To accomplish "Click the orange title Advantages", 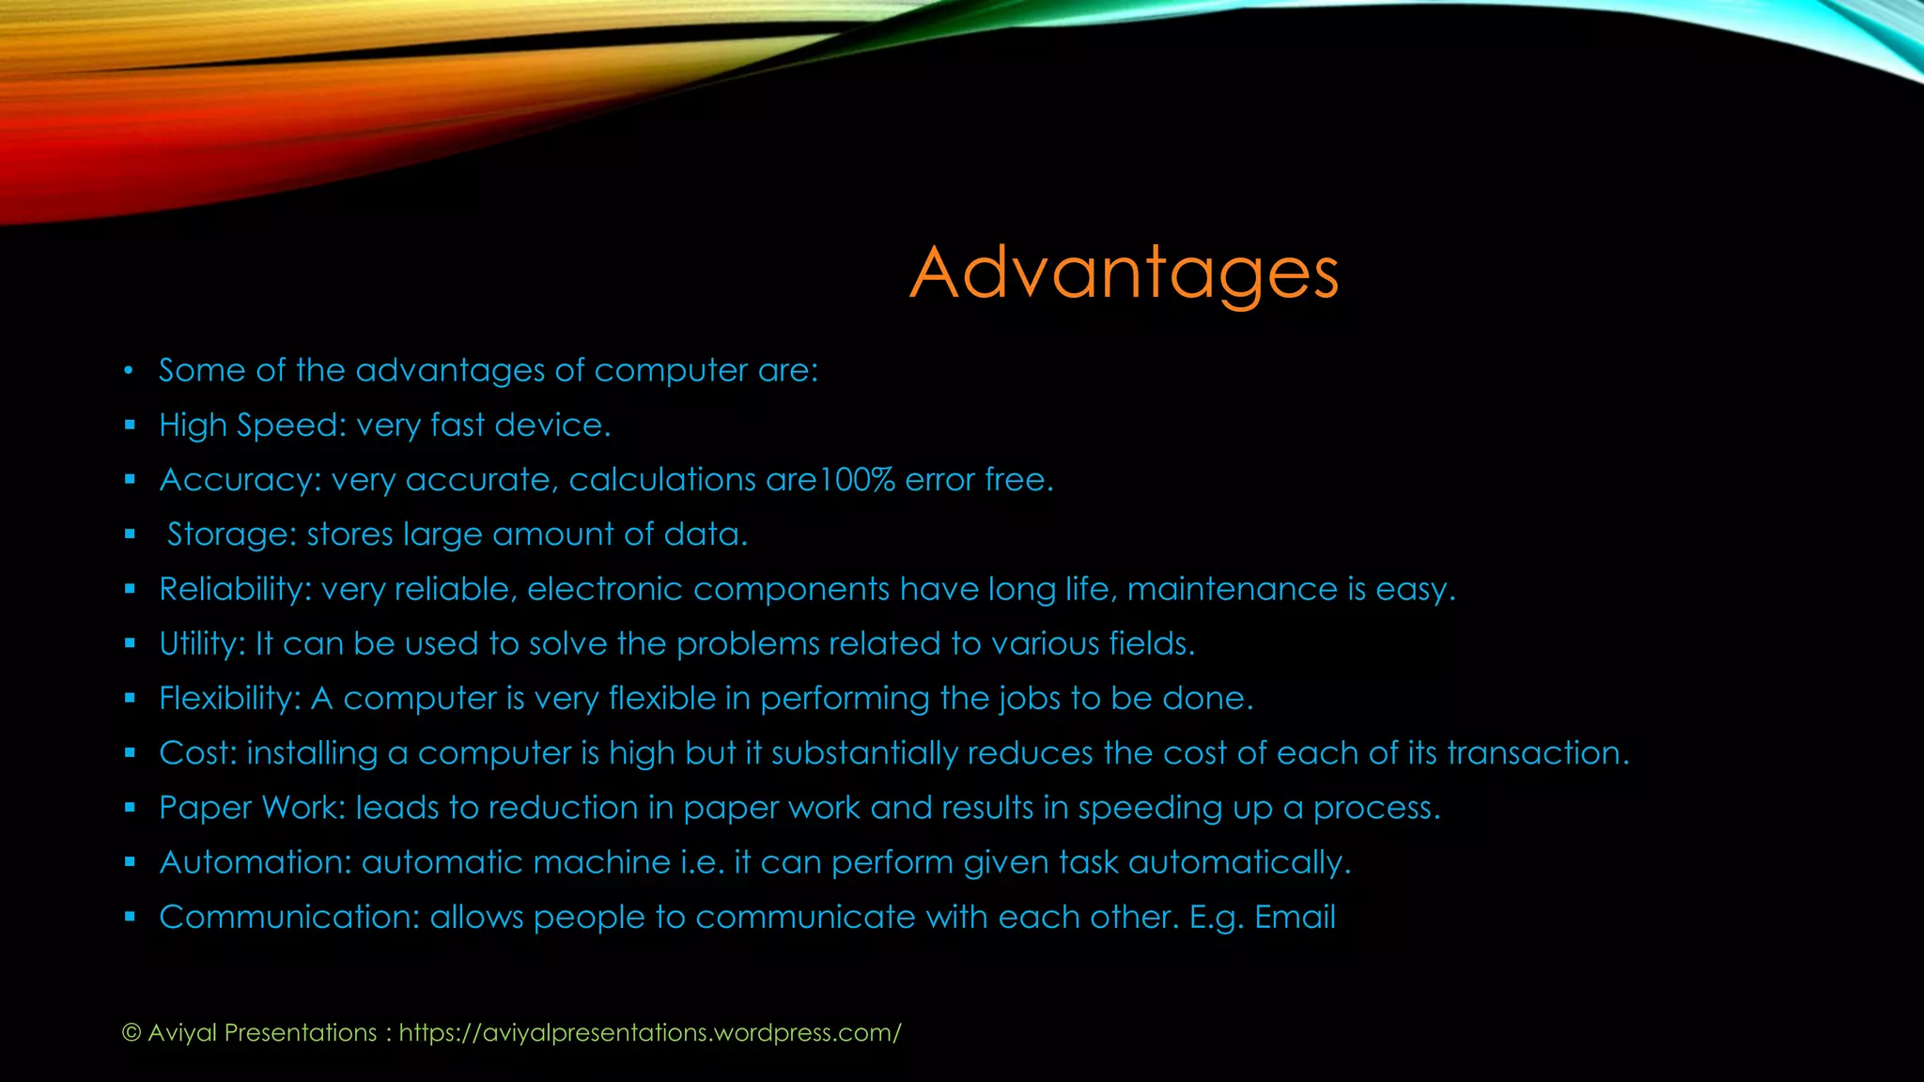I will click(x=1124, y=272).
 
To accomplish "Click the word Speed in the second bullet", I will click(x=287, y=425).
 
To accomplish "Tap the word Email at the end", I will click(x=1295, y=917).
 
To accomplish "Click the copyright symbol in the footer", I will click(x=132, y=1033).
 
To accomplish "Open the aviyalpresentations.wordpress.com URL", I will click(x=649, y=1033).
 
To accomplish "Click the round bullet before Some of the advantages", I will click(x=129, y=371).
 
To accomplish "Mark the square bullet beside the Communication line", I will click(x=130, y=917).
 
